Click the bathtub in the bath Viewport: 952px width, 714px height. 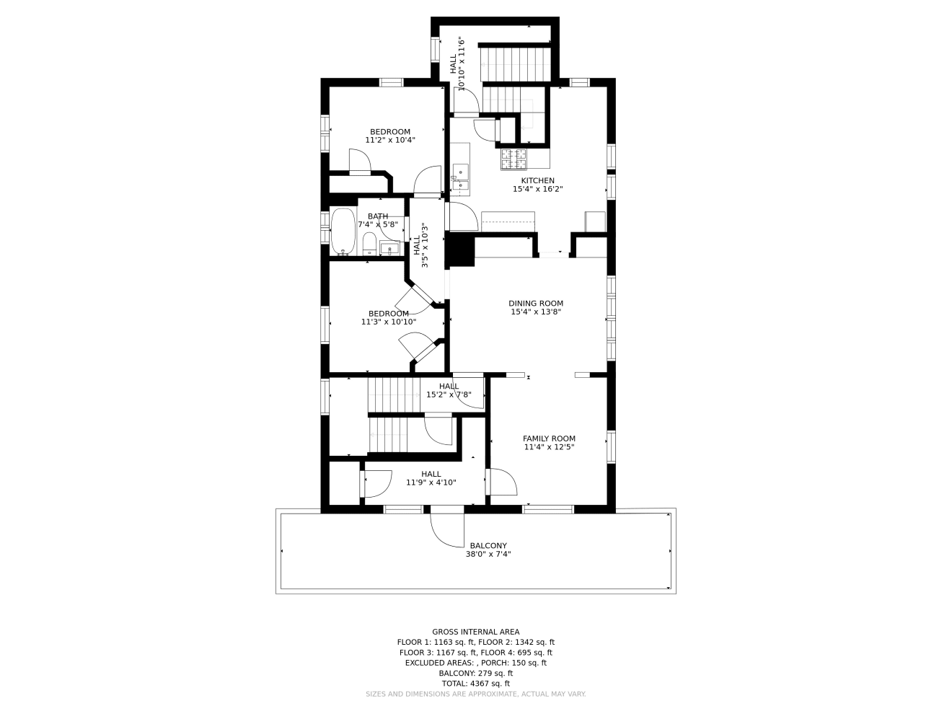[343, 232]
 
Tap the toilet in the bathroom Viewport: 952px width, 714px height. [369, 244]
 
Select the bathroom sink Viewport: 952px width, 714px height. [389, 249]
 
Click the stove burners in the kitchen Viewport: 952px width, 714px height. [514, 159]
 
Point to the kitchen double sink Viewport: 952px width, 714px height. [460, 177]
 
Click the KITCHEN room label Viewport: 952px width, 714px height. [537, 181]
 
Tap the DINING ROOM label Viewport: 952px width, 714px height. [536, 304]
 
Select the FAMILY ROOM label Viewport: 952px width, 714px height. [549, 438]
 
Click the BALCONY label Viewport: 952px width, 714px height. [488, 546]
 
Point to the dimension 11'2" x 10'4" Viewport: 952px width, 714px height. [390, 140]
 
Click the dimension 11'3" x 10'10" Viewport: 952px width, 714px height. [389, 322]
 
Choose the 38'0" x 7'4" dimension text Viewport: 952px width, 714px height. [488, 554]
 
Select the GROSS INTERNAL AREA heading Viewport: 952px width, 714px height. [475, 632]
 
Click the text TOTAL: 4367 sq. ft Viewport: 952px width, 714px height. [475, 684]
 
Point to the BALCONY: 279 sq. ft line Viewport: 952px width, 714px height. [475, 673]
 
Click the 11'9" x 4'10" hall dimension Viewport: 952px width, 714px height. [431, 482]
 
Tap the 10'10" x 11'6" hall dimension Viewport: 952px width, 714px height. [462, 63]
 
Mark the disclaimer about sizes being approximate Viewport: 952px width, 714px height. [475, 694]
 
